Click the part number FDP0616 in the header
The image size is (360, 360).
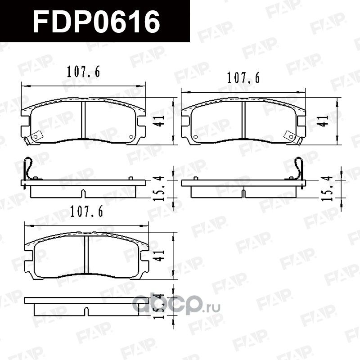97,21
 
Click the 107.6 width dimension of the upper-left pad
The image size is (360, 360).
83,72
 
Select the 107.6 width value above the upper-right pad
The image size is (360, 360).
243,78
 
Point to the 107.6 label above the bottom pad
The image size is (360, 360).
85,212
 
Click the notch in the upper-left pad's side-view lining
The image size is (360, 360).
83,194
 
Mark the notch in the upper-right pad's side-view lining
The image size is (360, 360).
243,194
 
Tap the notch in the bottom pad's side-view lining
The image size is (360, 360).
86,311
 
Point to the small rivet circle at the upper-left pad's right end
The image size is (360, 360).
131,137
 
